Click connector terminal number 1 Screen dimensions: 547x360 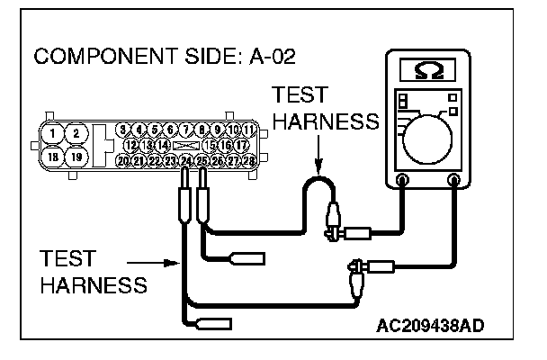coord(54,133)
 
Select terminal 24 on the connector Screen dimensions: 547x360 coord(186,160)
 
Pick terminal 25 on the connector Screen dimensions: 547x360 coord(202,160)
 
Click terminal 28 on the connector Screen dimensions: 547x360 coord(249,160)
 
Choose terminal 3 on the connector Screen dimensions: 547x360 coord(124,130)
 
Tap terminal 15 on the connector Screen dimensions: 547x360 coord(210,145)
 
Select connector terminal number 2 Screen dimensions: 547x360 coord(76,133)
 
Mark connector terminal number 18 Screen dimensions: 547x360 coord(54,157)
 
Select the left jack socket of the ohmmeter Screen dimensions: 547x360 coord(402,180)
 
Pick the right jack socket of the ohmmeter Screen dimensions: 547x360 coord(455,180)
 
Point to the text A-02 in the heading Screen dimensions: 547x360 coord(268,58)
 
